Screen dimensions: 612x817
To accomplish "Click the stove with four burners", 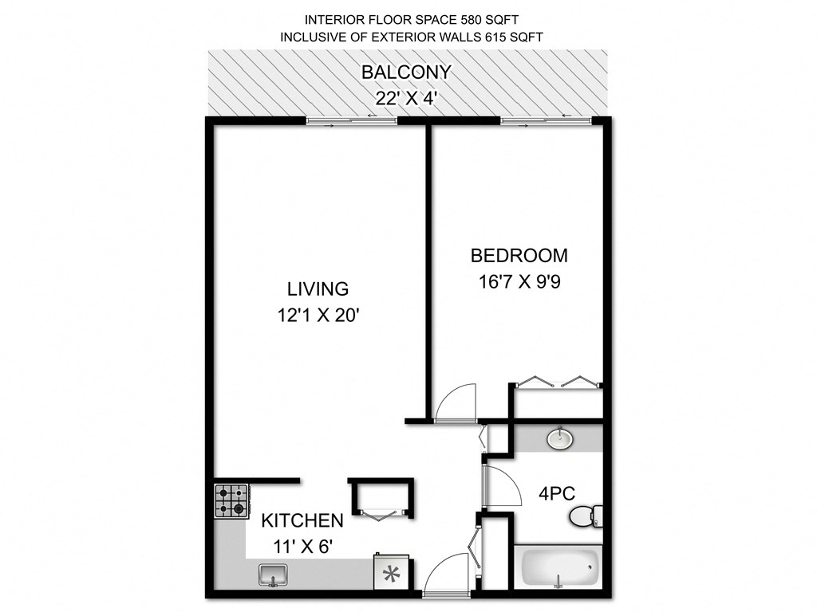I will point(231,500).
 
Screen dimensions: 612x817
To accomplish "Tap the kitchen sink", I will point(274,574).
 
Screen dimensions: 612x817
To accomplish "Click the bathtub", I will point(559,567).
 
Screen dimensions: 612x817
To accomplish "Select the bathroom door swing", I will point(499,486).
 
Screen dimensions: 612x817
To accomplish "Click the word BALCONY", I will point(406,72).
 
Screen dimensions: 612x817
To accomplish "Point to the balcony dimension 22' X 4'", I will point(406,98).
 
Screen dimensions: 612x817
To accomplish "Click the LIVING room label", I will point(318,288).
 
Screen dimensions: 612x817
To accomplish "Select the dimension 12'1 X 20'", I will point(318,316).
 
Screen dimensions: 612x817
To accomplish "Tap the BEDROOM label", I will point(519,256).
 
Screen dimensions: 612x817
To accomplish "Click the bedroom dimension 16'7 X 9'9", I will point(519,282).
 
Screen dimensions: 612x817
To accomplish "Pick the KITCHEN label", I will point(303,520).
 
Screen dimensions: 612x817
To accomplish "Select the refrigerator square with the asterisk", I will point(392,574).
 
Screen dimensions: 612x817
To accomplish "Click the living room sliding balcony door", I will point(352,120).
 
